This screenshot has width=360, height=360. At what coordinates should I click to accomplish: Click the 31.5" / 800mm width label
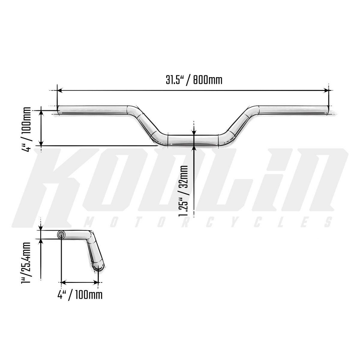194,80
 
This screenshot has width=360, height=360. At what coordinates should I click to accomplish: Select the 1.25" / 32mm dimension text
183,191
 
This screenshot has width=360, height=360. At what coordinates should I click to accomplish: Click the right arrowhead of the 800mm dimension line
325,91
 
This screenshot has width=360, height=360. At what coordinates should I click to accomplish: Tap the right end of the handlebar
327,110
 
